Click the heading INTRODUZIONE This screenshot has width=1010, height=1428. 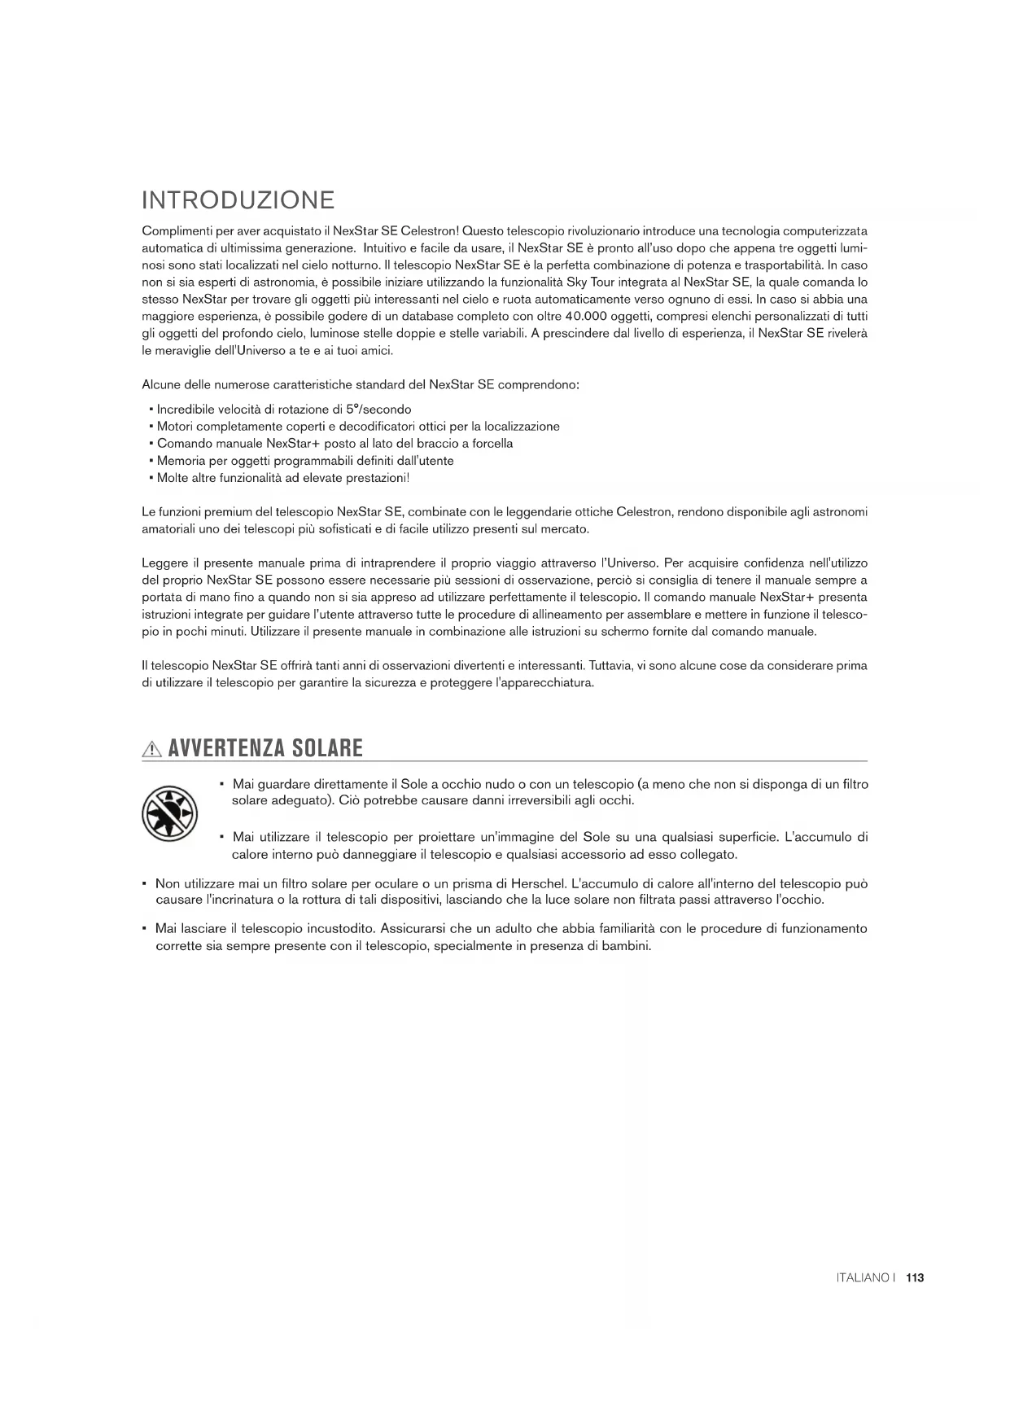coord(238,200)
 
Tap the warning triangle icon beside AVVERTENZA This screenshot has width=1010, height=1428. coord(152,749)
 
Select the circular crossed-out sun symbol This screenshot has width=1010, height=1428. coord(170,814)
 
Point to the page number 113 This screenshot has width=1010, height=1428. coord(915,1278)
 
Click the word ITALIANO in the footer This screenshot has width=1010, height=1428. coord(863,1278)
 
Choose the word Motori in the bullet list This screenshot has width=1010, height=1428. coord(174,427)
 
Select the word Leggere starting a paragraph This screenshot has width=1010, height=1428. coord(165,563)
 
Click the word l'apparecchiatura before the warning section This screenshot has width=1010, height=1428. coord(536,683)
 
